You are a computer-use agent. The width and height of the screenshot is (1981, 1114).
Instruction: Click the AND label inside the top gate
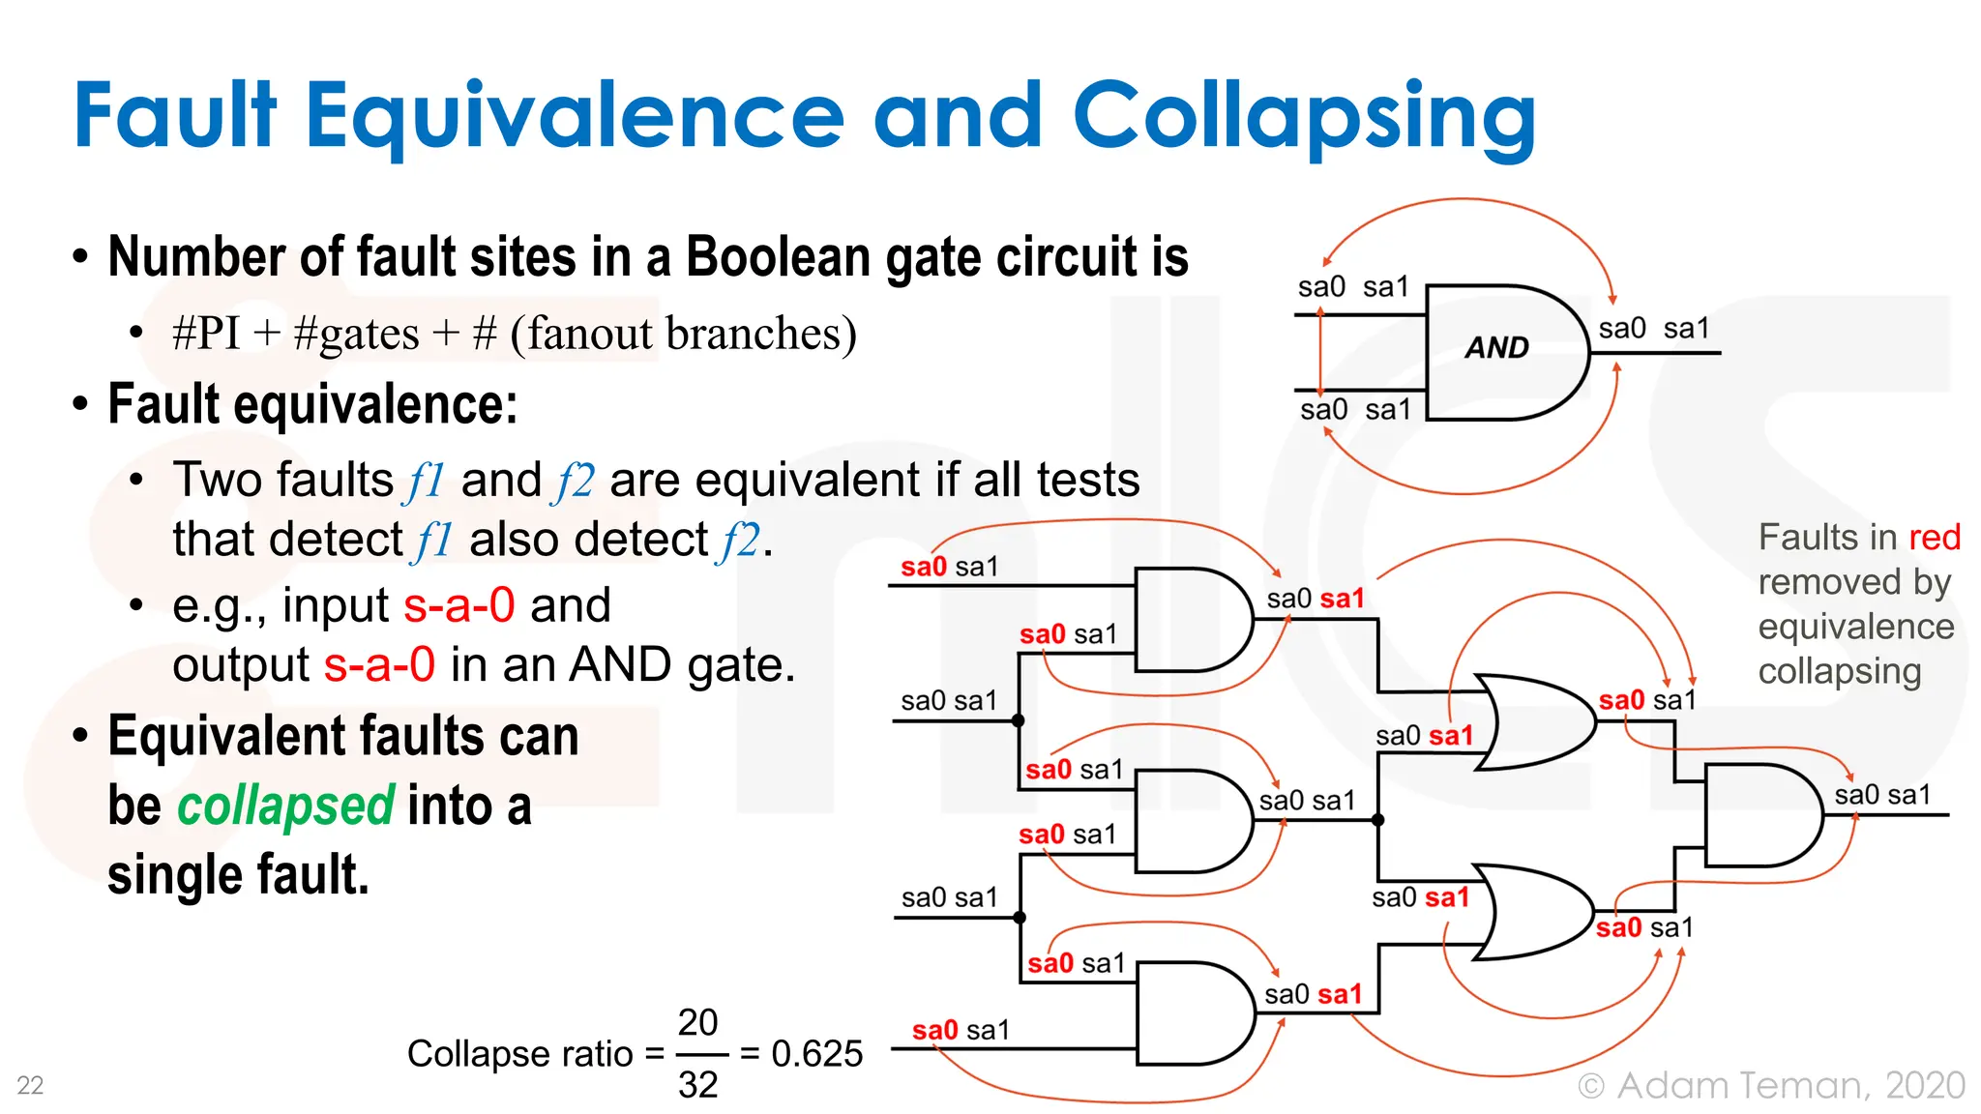point(1496,347)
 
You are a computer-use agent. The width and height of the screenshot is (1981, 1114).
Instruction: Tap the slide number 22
point(30,1085)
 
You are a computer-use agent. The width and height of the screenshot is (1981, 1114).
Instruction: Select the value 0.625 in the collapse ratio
point(816,1053)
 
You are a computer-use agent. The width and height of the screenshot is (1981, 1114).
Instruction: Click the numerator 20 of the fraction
point(697,1022)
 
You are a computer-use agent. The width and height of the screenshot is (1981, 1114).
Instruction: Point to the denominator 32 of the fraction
point(697,1085)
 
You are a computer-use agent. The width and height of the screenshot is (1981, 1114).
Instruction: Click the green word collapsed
point(285,806)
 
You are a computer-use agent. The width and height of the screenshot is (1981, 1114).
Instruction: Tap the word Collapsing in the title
point(1303,117)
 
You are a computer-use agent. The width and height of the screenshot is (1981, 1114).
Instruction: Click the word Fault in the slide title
point(175,117)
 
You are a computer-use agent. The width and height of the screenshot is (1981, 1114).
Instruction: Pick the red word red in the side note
point(1934,538)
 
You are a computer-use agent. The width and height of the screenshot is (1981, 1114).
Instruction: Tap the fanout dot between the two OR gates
point(1378,820)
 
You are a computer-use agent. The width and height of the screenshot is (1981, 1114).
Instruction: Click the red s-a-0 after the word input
point(459,605)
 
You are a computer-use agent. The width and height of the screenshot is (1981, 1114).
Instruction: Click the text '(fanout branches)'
point(683,334)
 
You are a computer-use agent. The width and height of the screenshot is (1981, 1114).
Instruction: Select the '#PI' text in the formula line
point(206,334)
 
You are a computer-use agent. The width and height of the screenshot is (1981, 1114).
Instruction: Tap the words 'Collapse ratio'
point(519,1053)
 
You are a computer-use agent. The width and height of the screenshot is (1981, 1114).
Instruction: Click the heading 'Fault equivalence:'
point(312,404)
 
